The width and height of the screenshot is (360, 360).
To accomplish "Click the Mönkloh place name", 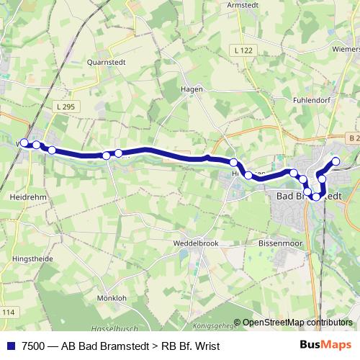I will [112, 297].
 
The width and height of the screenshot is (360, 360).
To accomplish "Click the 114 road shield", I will [7, 311].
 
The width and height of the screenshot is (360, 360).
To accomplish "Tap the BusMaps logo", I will [326, 346].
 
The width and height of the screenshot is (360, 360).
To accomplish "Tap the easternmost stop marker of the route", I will [336, 161].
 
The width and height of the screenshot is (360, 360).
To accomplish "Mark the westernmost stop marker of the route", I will [24, 143].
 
